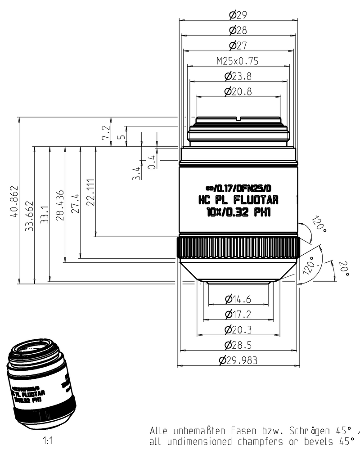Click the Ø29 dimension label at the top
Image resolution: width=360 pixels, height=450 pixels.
click(x=238, y=15)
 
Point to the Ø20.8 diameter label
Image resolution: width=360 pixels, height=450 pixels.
click(x=238, y=92)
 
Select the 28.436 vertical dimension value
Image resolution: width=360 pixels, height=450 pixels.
click(x=60, y=205)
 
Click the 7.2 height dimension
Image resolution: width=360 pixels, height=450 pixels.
click(x=106, y=132)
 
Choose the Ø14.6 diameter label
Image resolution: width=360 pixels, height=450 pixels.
click(x=238, y=299)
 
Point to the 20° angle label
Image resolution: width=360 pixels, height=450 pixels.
click(x=344, y=269)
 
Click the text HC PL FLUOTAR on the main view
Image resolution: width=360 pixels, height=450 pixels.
click(x=238, y=199)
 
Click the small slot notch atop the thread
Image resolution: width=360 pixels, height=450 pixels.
click(x=239, y=120)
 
